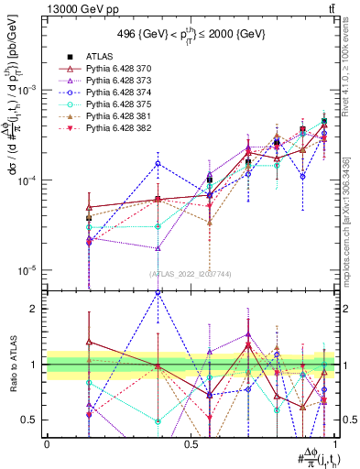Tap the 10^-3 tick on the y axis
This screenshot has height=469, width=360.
[x=29, y=90]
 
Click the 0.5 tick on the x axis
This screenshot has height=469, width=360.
[x=191, y=443]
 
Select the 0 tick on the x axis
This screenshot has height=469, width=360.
[x=47, y=443]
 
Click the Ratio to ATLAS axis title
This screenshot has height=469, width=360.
[x=10, y=364]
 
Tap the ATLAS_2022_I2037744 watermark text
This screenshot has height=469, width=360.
[x=191, y=274]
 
